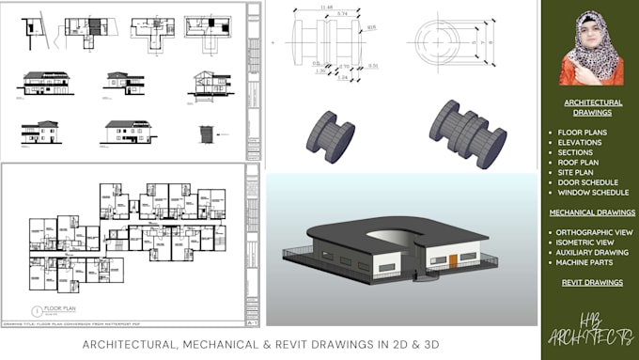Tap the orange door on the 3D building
pyautogui.click(x=453, y=260)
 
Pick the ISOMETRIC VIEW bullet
pyautogui.click(x=587, y=241)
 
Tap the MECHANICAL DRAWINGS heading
pyautogui.click(x=592, y=212)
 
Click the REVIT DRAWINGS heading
pyautogui.click(x=592, y=282)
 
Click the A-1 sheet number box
pyautogui.click(x=251, y=321)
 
